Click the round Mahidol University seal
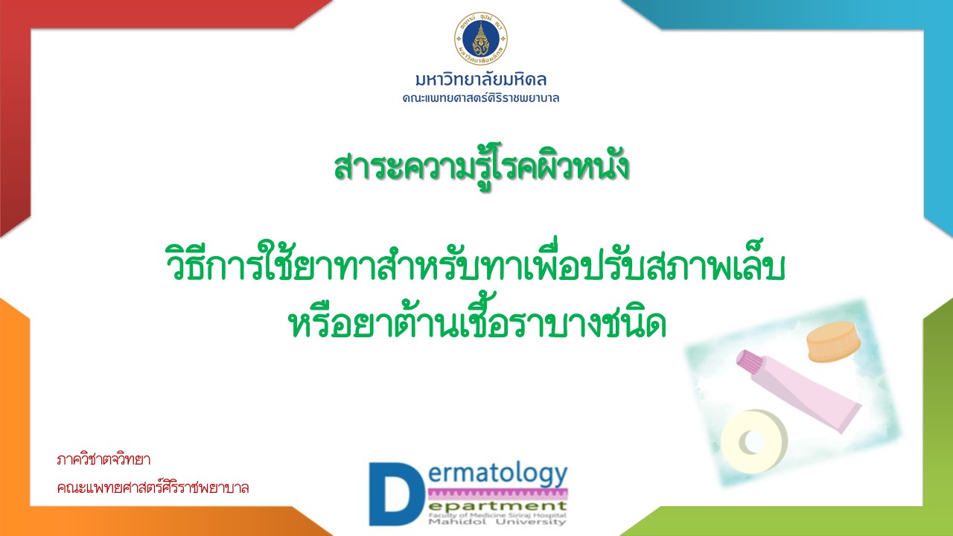[x=481, y=38]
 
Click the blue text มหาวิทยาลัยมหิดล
[x=481, y=80]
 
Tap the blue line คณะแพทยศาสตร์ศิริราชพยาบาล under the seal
[x=481, y=98]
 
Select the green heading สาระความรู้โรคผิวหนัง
[x=481, y=166]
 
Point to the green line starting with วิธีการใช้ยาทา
[x=475, y=264]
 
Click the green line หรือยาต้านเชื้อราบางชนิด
[x=477, y=319]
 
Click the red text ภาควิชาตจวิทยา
[x=103, y=460]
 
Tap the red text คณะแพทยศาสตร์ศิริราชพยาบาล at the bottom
[x=153, y=488]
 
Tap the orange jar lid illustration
[x=833, y=342]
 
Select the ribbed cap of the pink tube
[x=749, y=363]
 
